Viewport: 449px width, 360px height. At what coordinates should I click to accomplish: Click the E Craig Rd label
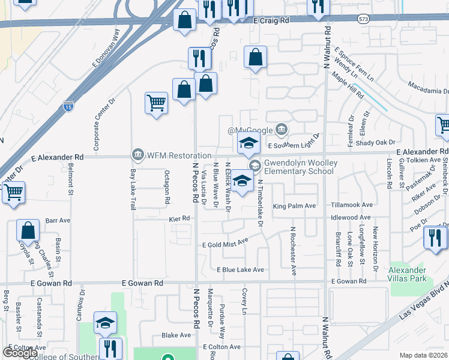tap(271, 20)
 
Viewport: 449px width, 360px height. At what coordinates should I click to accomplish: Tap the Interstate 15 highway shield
tap(68, 108)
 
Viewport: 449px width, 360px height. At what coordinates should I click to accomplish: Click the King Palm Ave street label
tap(294, 206)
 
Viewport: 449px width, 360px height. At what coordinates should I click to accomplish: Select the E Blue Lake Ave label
tap(240, 270)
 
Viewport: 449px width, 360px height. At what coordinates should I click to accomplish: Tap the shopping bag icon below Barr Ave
tap(28, 231)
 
